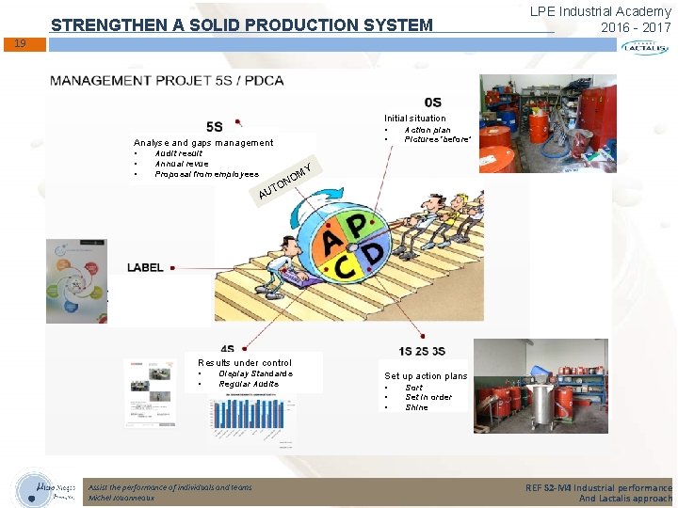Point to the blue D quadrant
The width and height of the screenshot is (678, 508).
[x=375, y=254]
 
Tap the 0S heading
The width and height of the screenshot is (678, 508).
[x=432, y=102]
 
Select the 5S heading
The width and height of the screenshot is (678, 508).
[x=215, y=126]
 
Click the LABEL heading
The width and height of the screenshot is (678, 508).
[x=145, y=268]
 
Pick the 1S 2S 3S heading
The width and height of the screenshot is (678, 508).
[x=422, y=351]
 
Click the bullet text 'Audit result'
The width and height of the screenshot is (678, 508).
[x=178, y=153]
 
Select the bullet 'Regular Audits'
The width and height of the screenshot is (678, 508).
[x=249, y=384]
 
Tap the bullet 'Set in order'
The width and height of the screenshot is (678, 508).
[x=428, y=397]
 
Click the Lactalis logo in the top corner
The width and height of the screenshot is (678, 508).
[x=644, y=46]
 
